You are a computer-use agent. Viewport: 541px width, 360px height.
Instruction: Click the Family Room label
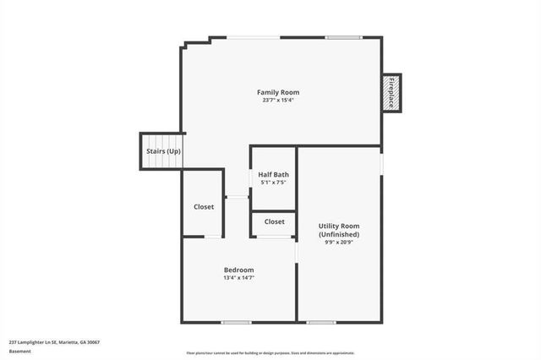point(278,92)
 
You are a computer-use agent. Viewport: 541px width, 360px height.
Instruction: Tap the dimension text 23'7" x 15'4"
point(278,101)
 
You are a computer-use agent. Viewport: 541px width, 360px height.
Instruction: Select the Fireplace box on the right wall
point(391,92)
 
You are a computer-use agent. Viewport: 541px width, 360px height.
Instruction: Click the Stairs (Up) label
point(163,151)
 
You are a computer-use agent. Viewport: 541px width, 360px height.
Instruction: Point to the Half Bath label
point(273,174)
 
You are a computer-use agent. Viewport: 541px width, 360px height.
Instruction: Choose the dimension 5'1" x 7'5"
point(273,183)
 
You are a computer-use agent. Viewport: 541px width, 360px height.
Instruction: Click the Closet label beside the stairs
point(204,206)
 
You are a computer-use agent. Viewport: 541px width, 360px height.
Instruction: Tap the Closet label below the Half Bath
point(274,221)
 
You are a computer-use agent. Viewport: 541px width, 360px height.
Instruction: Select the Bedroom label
point(238,270)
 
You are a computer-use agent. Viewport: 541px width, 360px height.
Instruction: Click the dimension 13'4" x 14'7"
point(238,278)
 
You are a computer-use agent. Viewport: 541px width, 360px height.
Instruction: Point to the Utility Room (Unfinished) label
point(339,230)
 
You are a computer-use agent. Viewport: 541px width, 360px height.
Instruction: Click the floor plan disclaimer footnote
point(270,353)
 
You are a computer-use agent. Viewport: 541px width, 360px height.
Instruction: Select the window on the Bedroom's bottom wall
point(236,322)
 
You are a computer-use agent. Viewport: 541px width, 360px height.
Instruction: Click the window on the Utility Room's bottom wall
point(321,322)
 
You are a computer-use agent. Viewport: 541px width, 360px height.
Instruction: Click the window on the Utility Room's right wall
point(382,161)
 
